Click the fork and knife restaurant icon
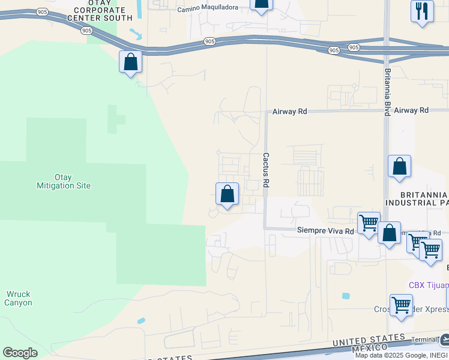tap(422, 11)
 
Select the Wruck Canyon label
tap(19, 298)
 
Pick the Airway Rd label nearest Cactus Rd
tap(289, 111)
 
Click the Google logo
tap(20, 353)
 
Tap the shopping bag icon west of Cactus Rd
tap(227, 194)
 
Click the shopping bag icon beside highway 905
tap(130, 62)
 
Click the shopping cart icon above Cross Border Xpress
tap(400, 305)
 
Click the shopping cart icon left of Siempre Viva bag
tap(369, 223)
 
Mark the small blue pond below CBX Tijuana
tap(346, 296)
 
